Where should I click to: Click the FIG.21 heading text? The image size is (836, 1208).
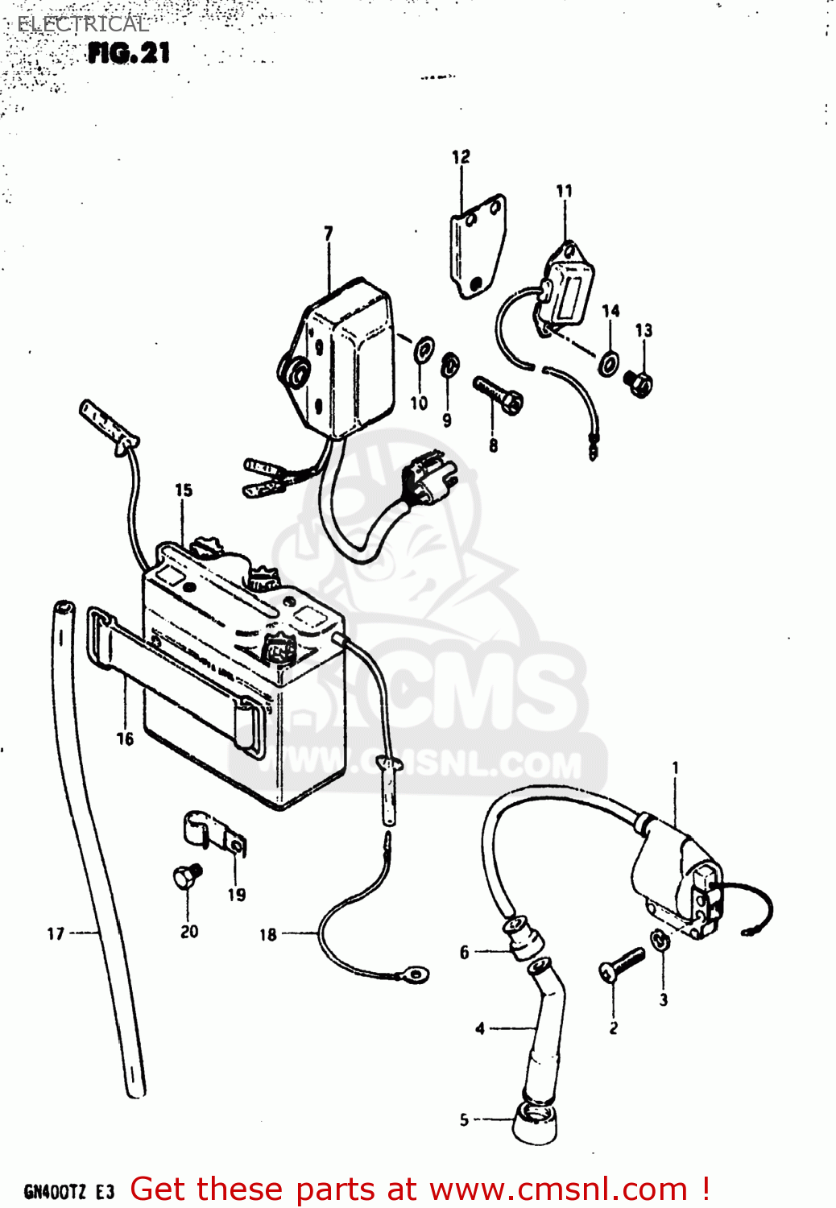(129, 53)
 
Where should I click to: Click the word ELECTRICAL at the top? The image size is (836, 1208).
(83, 24)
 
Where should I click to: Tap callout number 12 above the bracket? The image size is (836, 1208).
(461, 157)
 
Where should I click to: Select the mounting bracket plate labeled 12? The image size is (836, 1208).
(477, 246)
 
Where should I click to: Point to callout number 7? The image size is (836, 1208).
(328, 233)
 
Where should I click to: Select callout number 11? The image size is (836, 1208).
(564, 191)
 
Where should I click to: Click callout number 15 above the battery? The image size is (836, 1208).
(184, 490)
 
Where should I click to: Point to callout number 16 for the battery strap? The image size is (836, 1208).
(125, 738)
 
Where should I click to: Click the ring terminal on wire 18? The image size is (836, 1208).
(416, 976)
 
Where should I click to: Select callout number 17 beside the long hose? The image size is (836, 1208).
(56, 933)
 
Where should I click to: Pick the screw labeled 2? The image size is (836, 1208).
(622, 964)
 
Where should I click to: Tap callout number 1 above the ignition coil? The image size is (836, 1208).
(675, 767)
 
